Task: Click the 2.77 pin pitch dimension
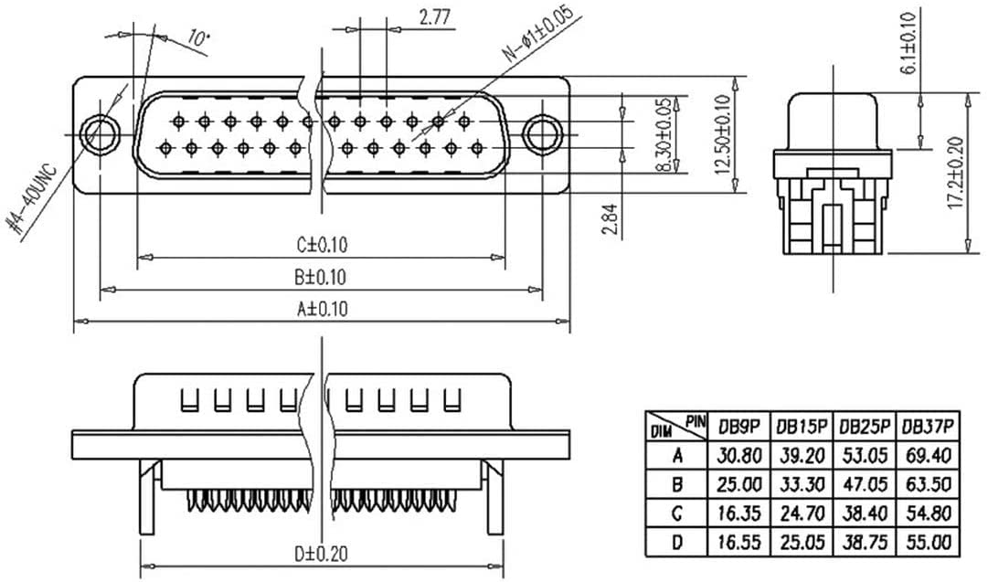click(x=436, y=16)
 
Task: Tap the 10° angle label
click(x=198, y=37)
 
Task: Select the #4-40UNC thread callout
click(x=37, y=203)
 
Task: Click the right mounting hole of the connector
click(x=543, y=133)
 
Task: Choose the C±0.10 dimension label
click(x=322, y=245)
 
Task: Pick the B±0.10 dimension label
click(x=321, y=277)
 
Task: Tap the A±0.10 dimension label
click(x=322, y=309)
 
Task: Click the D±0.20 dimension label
click(x=322, y=553)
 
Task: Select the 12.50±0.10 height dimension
click(x=723, y=135)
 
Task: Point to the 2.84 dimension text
click(x=611, y=219)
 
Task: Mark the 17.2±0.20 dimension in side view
click(x=955, y=174)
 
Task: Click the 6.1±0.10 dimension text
click(x=908, y=42)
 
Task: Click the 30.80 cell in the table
click(x=739, y=455)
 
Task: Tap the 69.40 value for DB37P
click(x=928, y=455)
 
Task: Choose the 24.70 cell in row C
click(x=802, y=513)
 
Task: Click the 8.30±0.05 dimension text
click(x=664, y=136)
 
